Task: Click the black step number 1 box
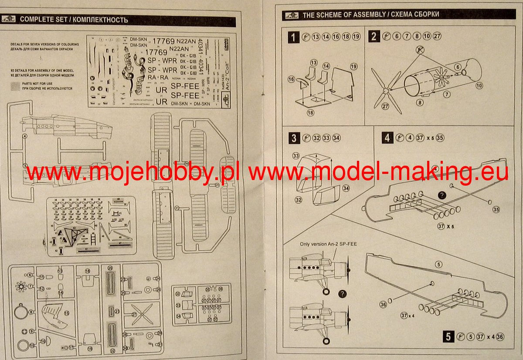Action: [294, 37]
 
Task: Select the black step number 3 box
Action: [294, 138]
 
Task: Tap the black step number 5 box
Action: [447, 336]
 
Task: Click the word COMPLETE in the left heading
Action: [36, 20]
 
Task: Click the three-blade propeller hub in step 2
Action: [385, 91]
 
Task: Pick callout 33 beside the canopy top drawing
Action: [296, 156]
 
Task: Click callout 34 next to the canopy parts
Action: [346, 188]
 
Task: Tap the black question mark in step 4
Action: [441, 195]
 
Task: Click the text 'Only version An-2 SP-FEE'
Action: [328, 244]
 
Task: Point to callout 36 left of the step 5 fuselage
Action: [383, 305]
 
